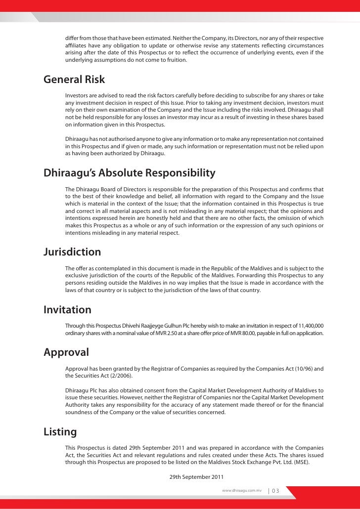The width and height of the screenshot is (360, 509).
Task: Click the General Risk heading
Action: coord(74,80)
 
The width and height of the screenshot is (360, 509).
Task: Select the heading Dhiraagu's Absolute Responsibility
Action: coord(130,173)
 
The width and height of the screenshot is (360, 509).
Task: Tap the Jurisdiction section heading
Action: coord(72,252)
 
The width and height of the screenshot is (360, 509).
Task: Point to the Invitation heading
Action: coord(68,310)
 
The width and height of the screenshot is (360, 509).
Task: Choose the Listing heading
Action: coord(60,432)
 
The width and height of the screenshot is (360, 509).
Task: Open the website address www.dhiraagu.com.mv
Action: coord(242,491)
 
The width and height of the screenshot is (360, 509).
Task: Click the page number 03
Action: coord(275,491)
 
